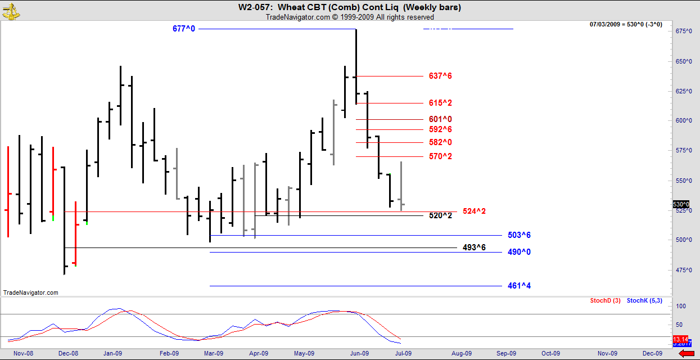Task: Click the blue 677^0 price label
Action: pos(184,29)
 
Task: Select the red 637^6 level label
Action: pos(440,76)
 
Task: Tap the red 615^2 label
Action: pos(440,103)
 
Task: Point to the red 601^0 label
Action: pos(440,119)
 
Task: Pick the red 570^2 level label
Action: pos(440,156)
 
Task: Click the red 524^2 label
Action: pos(474,211)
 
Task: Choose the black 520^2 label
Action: pos(440,215)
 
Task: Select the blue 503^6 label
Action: pos(519,235)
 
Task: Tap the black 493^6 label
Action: pos(474,247)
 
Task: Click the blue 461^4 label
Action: pos(519,286)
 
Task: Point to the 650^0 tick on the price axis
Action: pos(684,61)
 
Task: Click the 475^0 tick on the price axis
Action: pos(684,270)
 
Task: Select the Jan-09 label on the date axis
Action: pos(112,353)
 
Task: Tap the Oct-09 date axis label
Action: pos(550,353)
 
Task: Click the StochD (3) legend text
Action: pos(605,301)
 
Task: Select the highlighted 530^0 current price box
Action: pos(681,204)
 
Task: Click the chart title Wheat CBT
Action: pos(349,7)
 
